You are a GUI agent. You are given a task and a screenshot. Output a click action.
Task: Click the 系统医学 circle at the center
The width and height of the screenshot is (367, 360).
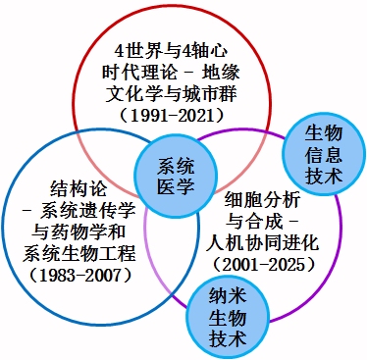point(176,177)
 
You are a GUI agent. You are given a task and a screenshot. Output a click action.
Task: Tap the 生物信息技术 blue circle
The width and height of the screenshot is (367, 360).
point(324,154)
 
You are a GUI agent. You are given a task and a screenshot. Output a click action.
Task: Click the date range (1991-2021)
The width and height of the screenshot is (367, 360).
point(172,116)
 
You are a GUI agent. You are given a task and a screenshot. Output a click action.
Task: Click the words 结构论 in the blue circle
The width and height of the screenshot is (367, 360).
point(79,188)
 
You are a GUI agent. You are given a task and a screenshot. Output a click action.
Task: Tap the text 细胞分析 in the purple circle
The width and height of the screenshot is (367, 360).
point(262,200)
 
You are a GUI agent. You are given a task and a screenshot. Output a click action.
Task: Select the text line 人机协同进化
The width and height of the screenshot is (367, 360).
point(262,243)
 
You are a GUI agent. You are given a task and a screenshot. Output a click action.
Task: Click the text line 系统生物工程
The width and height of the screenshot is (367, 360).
point(79,253)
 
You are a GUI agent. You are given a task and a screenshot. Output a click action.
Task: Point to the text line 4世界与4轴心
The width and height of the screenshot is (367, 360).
point(172,52)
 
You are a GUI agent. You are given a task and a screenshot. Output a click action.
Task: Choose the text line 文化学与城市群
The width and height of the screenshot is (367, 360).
point(172,94)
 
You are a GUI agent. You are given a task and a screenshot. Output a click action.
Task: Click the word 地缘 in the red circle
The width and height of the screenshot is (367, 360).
point(221,73)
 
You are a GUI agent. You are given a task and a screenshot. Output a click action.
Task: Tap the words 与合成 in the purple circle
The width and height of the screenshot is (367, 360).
point(254,222)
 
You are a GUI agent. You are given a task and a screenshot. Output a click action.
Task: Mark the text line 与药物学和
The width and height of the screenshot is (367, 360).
point(79,232)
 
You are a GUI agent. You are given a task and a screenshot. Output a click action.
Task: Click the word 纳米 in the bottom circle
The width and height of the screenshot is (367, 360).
point(228,296)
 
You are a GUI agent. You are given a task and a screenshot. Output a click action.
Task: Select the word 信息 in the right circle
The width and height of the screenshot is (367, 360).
point(324,155)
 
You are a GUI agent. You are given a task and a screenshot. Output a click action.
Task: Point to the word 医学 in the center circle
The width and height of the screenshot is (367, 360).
point(176,187)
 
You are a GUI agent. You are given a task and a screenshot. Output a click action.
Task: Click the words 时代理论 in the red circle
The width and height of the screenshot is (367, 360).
point(139,73)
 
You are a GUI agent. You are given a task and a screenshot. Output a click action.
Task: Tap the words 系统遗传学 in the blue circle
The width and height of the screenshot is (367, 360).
point(87,210)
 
